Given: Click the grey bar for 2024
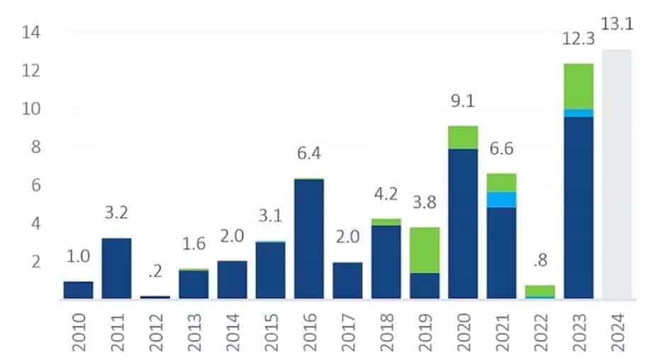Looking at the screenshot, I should coord(616,174).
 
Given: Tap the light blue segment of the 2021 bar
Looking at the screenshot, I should coord(501,199).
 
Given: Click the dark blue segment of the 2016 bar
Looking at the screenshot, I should coord(308,238).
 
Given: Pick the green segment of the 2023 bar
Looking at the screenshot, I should coord(578,86).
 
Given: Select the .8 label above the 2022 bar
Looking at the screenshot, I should coord(540,261).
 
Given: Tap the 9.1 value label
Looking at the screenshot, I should coord(463,101).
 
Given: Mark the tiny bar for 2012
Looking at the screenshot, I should coord(155,296).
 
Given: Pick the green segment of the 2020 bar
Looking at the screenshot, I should coord(463,137).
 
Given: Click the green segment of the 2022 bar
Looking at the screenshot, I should coord(540,291).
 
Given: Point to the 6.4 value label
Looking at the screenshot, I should coord(308,152).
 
